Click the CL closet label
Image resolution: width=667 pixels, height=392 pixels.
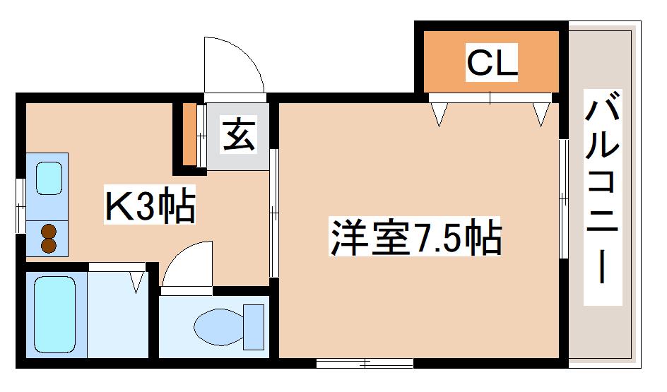(x=492, y=61)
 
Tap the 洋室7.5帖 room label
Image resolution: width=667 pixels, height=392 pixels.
(x=415, y=237)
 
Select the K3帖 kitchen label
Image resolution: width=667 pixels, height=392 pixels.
(x=150, y=205)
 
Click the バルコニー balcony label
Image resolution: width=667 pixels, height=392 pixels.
(x=602, y=186)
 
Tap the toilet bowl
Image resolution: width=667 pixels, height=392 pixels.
(x=218, y=327)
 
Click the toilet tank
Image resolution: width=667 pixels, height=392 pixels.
(x=254, y=326)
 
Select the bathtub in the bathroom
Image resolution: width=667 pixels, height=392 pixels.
(x=54, y=314)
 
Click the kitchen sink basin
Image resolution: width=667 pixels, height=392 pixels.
(x=49, y=179)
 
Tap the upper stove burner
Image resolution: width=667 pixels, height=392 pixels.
(x=49, y=232)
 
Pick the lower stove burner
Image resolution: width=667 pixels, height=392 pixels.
(x=49, y=245)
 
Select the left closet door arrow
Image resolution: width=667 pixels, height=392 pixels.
(x=439, y=114)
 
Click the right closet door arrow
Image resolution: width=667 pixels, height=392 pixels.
(x=541, y=114)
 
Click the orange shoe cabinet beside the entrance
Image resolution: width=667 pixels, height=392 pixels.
(x=190, y=134)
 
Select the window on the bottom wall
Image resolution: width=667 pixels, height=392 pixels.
(x=365, y=364)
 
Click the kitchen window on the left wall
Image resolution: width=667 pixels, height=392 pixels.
(x=20, y=206)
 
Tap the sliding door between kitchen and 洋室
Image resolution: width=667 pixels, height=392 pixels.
(x=274, y=213)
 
